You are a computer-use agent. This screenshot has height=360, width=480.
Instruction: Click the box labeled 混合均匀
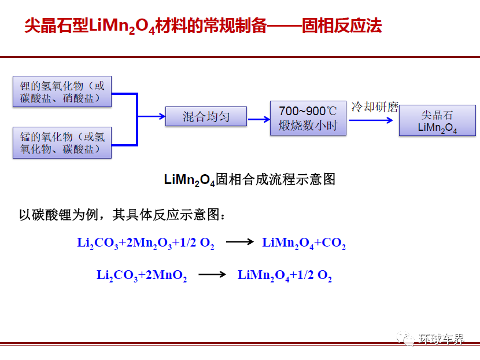coord(206,116)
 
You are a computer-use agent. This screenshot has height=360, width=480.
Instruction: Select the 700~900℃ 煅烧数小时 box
coord(308,118)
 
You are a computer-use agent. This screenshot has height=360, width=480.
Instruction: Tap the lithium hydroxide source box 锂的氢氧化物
coord(62,91)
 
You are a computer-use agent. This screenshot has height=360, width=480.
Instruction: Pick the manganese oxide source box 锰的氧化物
coord(62,143)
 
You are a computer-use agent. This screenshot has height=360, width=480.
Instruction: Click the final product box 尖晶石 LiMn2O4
coord(437,120)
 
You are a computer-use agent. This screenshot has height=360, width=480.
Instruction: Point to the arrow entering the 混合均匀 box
coord(152,116)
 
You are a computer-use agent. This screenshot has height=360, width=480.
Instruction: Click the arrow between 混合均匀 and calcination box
coord(259,119)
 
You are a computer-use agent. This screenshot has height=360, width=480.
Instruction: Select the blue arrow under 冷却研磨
coord(371,120)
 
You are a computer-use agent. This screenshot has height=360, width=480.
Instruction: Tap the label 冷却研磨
coord(375,107)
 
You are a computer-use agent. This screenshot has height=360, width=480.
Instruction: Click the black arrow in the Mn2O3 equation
coord(239,242)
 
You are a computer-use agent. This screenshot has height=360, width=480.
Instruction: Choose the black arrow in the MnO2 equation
coord(212,274)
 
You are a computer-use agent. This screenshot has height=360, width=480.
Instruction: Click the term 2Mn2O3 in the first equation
coord(149,243)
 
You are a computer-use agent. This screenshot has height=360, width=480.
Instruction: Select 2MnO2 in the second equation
coord(166,275)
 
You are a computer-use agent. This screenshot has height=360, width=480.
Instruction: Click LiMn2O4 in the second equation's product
coord(263,275)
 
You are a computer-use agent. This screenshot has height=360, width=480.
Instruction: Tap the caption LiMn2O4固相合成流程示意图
coord(249,179)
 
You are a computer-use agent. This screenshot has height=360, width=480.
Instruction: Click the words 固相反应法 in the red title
coord(342,25)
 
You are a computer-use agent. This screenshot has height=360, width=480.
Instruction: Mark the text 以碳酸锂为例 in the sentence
coord(59,215)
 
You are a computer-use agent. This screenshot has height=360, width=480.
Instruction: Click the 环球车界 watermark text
coord(441,339)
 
